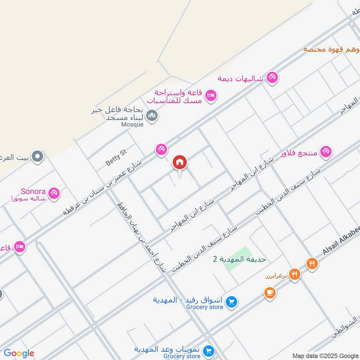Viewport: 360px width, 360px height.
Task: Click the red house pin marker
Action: point(180,162)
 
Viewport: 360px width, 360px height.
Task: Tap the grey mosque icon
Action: point(153,116)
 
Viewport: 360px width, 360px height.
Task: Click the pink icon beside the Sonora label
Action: point(54,193)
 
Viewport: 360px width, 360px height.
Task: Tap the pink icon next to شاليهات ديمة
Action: point(272,78)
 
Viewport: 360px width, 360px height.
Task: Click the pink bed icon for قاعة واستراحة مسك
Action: point(211,95)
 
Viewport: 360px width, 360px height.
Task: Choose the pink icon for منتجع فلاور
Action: point(327,151)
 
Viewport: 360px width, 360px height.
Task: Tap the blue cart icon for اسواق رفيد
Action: point(231,302)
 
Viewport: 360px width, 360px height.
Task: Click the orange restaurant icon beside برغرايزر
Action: point(294,274)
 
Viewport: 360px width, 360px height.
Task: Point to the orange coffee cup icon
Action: point(270,293)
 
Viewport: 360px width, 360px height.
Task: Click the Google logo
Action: point(19,353)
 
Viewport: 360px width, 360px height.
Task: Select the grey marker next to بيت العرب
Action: point(38,157)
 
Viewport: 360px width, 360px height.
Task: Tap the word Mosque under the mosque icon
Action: point(133,124)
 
